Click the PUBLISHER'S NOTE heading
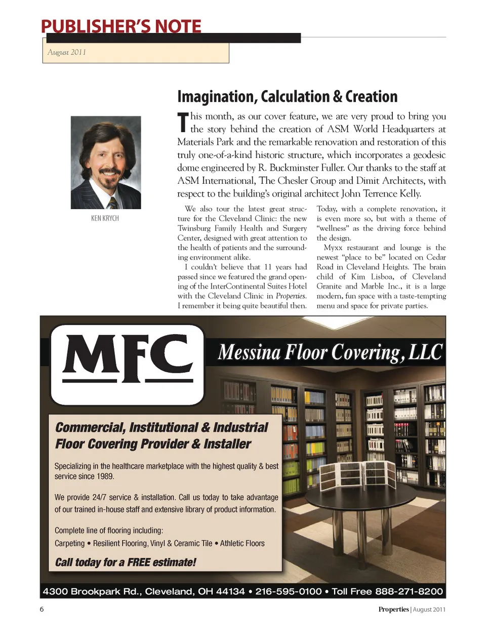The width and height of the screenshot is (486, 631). [x=121, y=26]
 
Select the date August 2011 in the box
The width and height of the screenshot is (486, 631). [x=67, y=52]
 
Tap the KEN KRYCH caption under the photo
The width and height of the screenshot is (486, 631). [x=105, y=218]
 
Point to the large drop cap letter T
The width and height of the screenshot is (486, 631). [x=183, y=123]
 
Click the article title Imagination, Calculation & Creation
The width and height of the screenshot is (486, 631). [x=287, y=97]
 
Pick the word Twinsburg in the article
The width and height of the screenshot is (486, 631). [x=194, y=228]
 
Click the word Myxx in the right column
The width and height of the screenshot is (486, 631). [x=333, y=248]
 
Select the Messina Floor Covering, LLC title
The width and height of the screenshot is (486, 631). [x=330, y=352]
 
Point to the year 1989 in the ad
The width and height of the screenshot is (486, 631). [x=105, y=476]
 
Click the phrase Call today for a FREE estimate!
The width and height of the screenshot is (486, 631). [x=125, y=562]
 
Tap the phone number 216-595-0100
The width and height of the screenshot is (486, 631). [x=288, y=591]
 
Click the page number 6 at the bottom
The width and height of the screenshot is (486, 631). [x=42, y=609]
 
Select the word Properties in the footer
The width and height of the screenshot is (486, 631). [x=393, y=609]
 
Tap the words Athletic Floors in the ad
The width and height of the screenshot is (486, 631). [x=242, y=543]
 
